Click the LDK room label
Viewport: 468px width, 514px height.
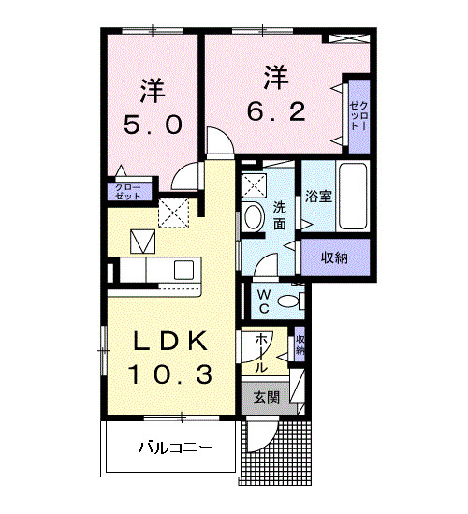click(169, 341)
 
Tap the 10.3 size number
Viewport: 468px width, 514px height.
click(169, 374)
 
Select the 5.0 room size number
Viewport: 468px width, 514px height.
click(153, 125)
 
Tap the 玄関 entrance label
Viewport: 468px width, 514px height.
click(267, 397)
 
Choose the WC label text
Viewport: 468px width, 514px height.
click(263, 301)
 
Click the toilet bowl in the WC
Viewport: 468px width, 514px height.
click(293, 301)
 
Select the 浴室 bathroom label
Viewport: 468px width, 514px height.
click(319, 197)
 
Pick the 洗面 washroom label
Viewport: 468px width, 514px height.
click(280, 215)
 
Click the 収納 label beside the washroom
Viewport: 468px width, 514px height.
click(336, 256)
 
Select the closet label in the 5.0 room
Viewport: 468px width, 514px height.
click(127, 193)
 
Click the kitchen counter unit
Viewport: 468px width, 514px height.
click(159, 270)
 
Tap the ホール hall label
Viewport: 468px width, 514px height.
click(262, 351)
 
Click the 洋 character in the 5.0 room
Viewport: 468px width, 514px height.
click(153, 90)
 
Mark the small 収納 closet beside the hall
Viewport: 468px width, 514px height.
click(300, 344)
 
